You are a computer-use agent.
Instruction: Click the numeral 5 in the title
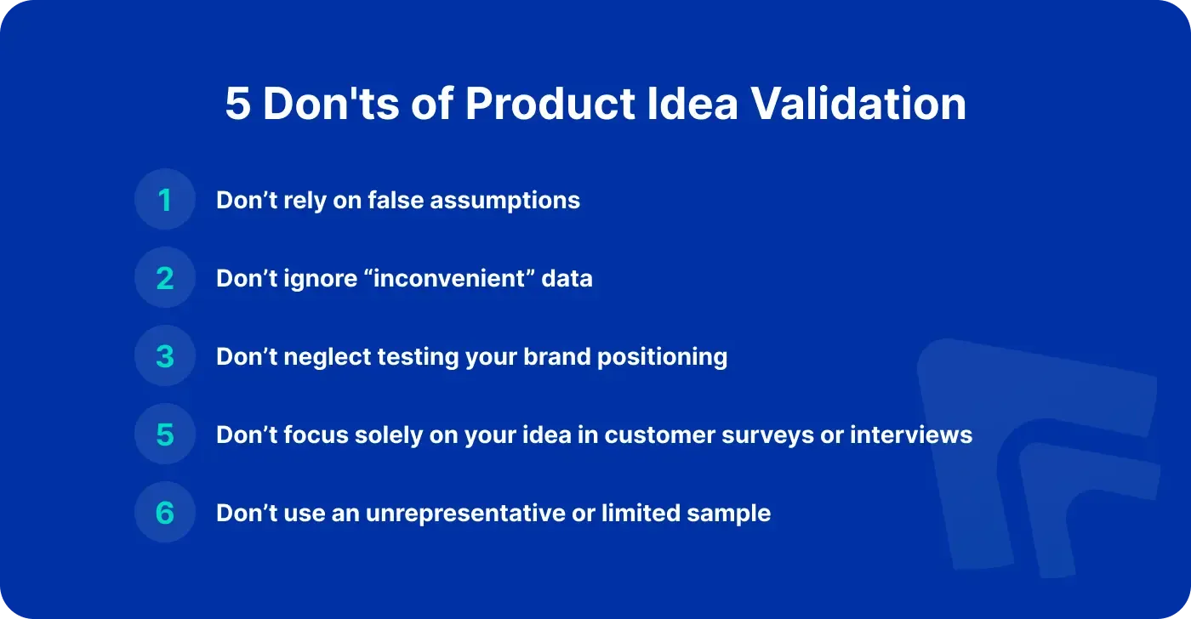coord(237,104)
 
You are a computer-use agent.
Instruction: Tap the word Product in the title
coord(550,103)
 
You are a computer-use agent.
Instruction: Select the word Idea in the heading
coord(692,103)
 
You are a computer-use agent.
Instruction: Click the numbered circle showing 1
coord(165,199)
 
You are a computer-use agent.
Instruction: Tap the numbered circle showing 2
coord(165,277)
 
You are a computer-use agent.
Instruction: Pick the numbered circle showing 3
coord(165,355)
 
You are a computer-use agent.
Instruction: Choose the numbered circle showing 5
coord(165,434)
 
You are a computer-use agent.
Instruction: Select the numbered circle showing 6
coord(165,512)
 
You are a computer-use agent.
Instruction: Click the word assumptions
coord(504,202)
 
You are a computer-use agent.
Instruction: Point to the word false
coord(396,200)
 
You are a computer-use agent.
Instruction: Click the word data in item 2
coord(567,278)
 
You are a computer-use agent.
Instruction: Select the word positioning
coord(662,358)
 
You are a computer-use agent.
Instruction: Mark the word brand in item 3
coord(556,356)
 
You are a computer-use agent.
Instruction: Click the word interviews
coord(911,434)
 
